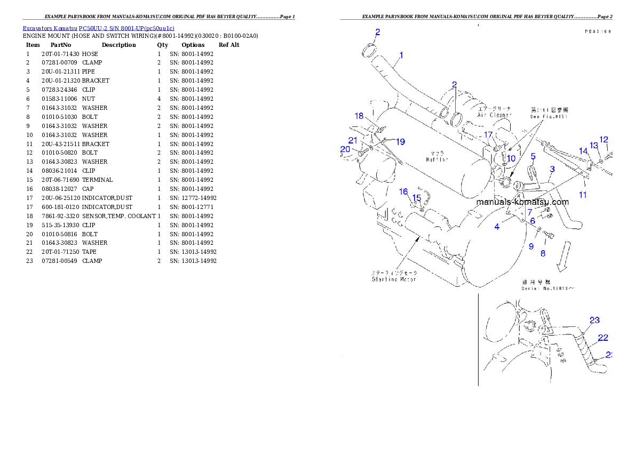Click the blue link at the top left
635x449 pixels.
(x=98, y=28)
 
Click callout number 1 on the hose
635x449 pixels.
(x=401, y=55)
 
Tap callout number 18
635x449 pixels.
(x=359, y=116)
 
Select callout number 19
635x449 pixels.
(x=400, y=142)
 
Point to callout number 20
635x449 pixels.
(x=345, y=149)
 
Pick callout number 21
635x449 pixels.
(x=353, y=140)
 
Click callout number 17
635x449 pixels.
(x=488, y=135)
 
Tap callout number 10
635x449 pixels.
(x=511, y=158)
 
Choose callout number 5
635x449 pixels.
(x=533, y=156)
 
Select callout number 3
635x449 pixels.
(x=552, y=169)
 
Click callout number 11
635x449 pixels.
(x=583, y=195)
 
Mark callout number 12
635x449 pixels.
(x=604, y=140)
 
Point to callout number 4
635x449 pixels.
(x=497, y=227)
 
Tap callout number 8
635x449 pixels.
(x=543, y=253)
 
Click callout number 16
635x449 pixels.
(x=404, y=191)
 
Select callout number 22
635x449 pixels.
(x=603, y=338)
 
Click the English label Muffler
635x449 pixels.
(x=437, y=159)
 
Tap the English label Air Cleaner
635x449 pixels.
(x=494, y=115)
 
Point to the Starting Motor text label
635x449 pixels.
(x=394, y=279)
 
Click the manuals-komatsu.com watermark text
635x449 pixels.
(x=522, y=202)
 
